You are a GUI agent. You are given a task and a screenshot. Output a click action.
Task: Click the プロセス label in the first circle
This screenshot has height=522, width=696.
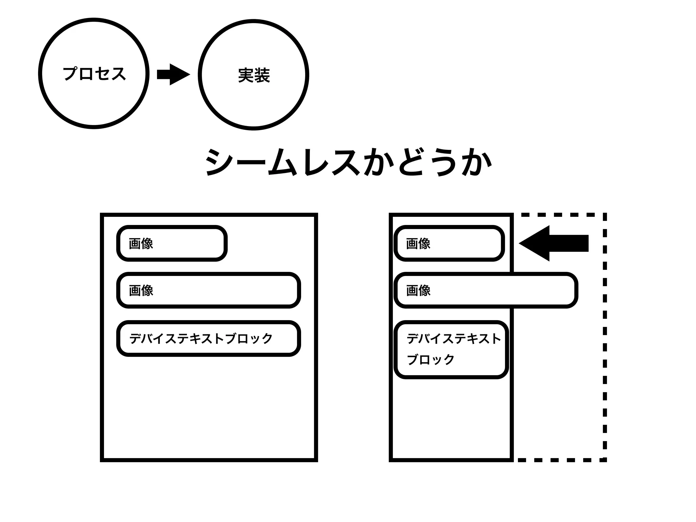click(94, 73)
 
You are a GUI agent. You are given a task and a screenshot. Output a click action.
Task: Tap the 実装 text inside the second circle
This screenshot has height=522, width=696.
click(254, 75)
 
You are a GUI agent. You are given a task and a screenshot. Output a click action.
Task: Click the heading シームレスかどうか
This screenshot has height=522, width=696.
click(348, 162)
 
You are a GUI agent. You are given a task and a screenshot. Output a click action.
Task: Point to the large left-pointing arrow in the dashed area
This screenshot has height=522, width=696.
click(554, 243)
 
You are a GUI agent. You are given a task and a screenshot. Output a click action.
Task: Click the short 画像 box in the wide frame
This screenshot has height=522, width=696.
click(172, 243)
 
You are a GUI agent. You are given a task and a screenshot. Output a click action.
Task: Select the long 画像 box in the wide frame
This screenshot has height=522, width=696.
click(208, 290)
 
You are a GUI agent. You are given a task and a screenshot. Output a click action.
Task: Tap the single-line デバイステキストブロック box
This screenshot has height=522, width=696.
click(208, 338)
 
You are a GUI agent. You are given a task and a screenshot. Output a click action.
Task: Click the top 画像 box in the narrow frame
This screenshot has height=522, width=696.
click(449, 243)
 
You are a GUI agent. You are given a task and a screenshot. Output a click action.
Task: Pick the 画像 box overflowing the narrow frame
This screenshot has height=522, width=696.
click(486, 290)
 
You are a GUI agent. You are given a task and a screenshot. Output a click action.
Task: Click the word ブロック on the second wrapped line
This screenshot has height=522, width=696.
click(431, 360)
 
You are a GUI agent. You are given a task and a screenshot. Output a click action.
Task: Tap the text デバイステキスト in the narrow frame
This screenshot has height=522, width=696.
click(454, 338)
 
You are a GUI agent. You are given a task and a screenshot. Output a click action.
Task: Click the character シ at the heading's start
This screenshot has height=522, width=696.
click(217, 162)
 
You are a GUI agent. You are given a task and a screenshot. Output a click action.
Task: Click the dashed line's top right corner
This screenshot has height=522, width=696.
click(605, 215)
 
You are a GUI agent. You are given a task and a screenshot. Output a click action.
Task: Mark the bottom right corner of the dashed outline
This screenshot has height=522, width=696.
click(605, 460)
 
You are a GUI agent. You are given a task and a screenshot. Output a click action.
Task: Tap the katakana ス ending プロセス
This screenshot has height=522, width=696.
click(118, 73)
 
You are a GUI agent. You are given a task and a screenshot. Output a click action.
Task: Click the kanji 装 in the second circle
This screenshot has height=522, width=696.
click(262, 75)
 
